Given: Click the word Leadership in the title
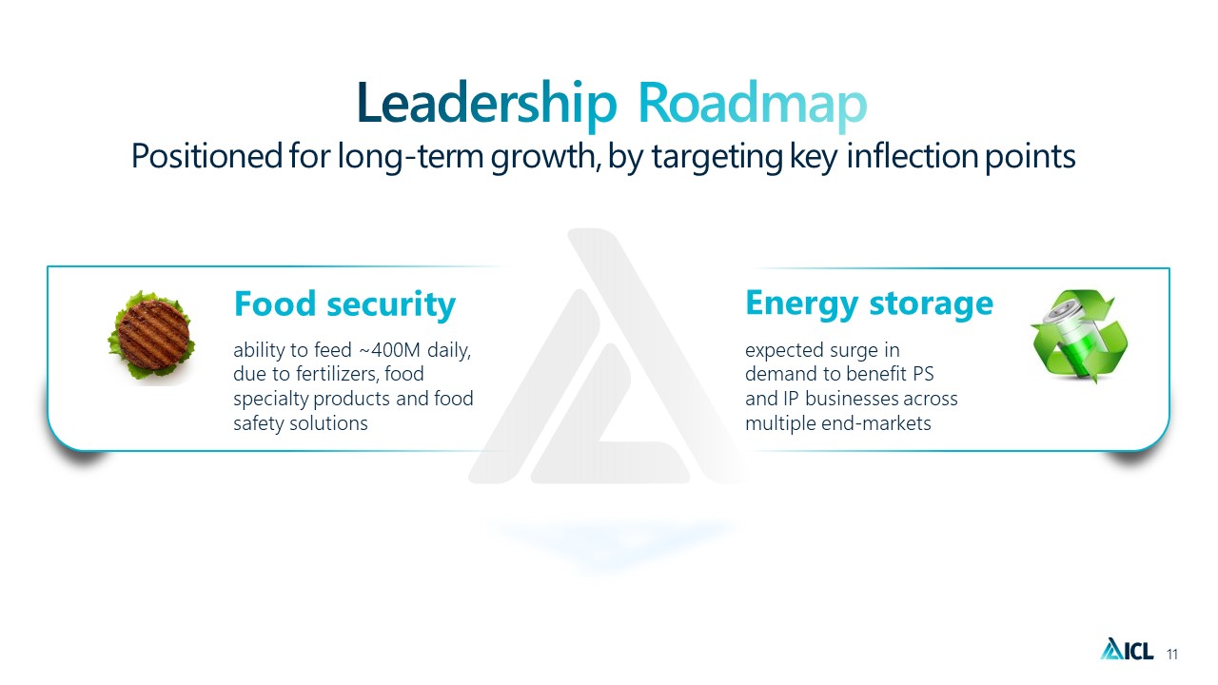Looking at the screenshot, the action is click(x=486, y=105).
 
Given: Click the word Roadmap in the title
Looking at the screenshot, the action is click(x=752, y=105).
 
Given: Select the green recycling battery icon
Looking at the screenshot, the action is click(x=1079, y=336).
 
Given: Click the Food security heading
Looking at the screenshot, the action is click(x=344, y=303).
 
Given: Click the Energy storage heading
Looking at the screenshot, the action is click(x=869, y=303).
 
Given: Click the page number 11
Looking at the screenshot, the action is click(x=1171, y=654).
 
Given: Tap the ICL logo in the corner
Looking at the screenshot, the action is click(x=1127, y=649).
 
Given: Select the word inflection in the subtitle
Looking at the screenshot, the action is click(x=913, y=156).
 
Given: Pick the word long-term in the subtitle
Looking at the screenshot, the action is click(x=410, y=156).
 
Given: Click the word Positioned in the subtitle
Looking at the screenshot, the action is click(x=206, y=156).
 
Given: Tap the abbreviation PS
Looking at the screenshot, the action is click(x=923, y=374).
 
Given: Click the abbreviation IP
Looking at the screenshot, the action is click(x=791, y=399).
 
